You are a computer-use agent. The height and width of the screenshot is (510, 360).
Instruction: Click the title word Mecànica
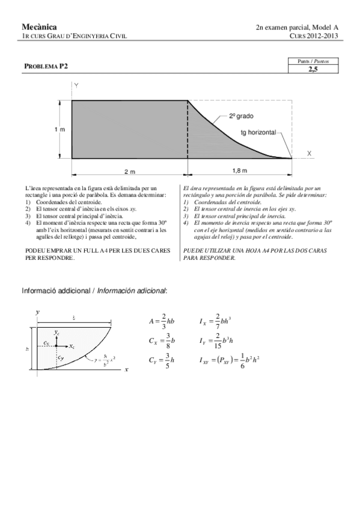[39, 26]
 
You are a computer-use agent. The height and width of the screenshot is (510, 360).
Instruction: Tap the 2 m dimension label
[129, 171]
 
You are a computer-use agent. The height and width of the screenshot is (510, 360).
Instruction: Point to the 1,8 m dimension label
[239, 171]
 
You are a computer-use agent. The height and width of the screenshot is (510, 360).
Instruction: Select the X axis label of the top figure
[310, 153]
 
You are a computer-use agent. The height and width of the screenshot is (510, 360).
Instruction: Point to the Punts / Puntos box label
[317, 61]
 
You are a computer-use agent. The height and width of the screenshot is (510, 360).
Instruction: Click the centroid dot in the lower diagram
[56, 346]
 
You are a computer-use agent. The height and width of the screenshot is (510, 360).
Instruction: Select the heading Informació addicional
[57, 290]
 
